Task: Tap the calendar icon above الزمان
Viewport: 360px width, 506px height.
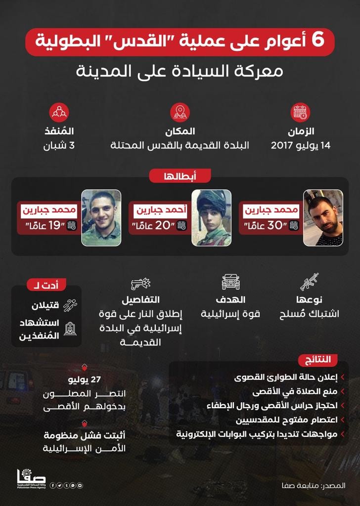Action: [x=300, y=112]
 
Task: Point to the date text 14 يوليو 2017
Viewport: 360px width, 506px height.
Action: [x=300, y=146]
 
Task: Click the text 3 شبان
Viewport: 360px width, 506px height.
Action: [x=61, y=146]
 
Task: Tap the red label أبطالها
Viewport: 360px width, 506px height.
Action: [x=180, y=175]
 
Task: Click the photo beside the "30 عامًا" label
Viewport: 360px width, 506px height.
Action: [x=323, y=218]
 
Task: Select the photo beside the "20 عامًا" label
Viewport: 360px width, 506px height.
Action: [x=211, y=218]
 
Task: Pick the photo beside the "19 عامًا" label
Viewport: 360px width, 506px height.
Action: [x=101, y=218]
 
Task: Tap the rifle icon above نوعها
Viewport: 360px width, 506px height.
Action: [x=309, y=282]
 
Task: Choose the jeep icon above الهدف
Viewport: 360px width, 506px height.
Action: [x=230, y=282]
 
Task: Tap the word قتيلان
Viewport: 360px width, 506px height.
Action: [x=46, y=305]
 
